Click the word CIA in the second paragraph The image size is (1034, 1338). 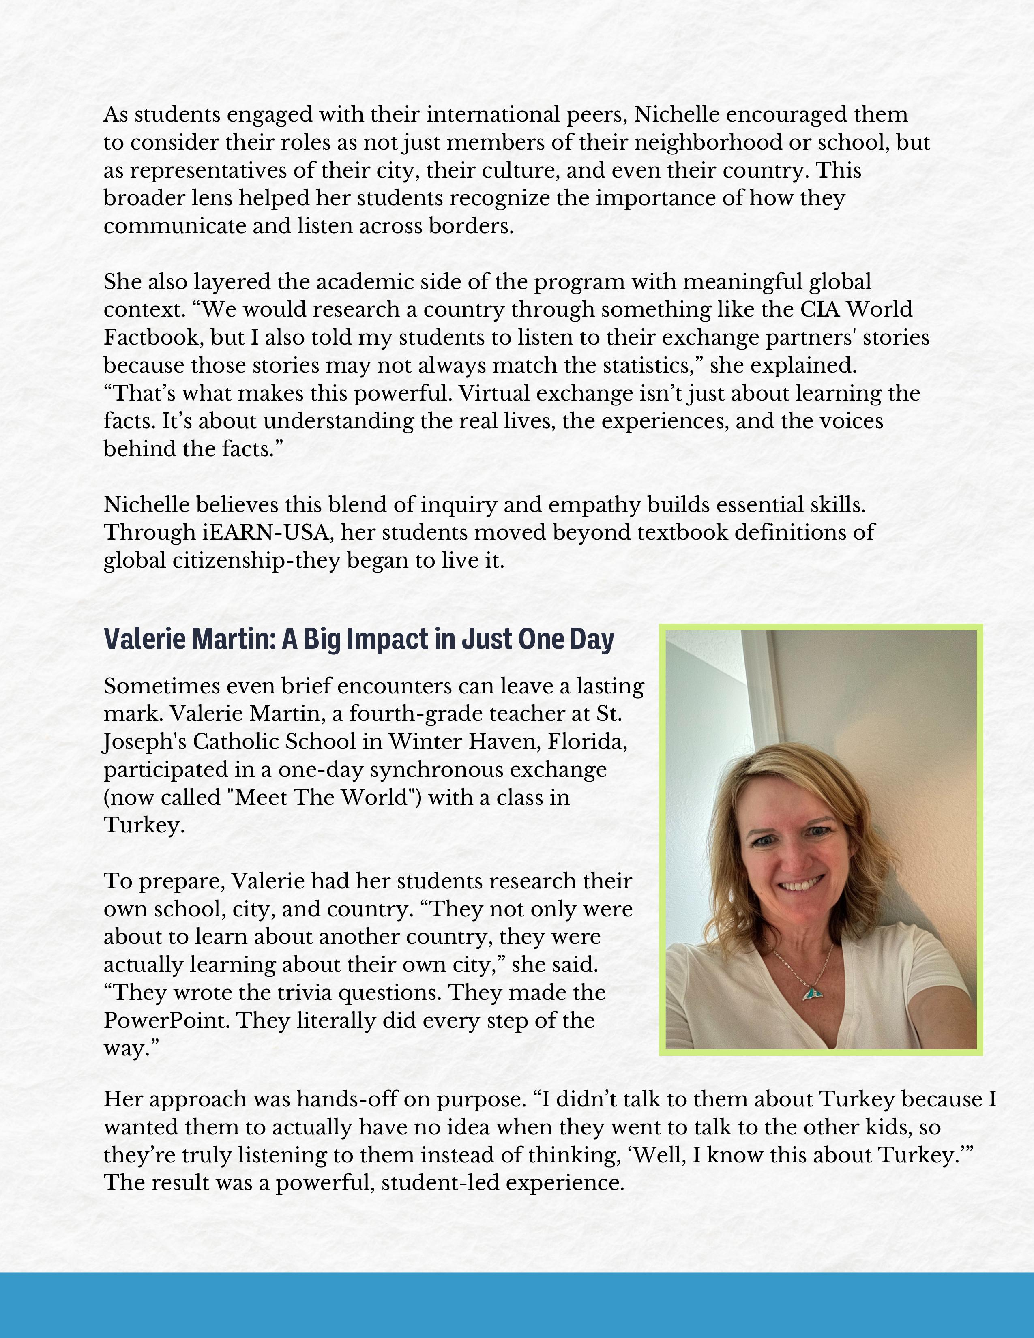point(819,309)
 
